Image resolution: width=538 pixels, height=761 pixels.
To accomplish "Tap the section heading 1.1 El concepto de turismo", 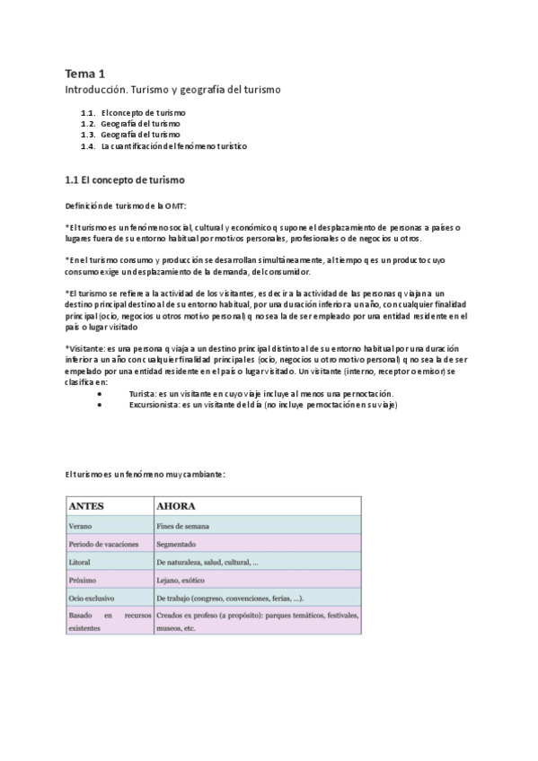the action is tap(126, 179).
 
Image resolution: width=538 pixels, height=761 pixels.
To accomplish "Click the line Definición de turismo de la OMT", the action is tap(125, 206).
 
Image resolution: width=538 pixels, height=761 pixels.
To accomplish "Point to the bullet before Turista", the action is tap(110, 394).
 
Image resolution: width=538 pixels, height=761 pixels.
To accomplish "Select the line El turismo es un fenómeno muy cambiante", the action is tap(144, 473).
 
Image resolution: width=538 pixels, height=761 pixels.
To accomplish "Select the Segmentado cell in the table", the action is tap(176, 544).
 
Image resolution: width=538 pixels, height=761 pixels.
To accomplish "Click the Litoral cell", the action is tap(80, 562).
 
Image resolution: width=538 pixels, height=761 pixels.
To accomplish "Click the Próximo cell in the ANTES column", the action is tap(82, 580).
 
